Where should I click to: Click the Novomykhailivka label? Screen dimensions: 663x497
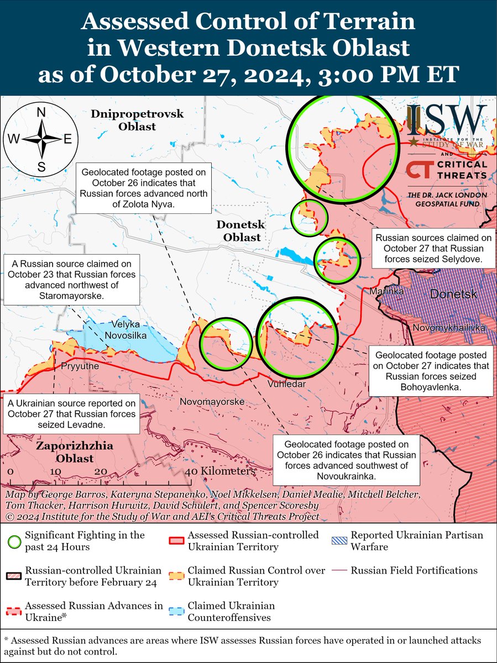click(448, 328)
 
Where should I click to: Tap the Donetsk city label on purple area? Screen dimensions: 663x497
click(453, 294)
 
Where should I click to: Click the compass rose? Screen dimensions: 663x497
click(41, 140)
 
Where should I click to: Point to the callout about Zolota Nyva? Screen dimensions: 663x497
click(143, 188)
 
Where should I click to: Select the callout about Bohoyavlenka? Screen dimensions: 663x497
click(431, 372)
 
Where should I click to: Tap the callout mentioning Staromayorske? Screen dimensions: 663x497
click(71, 279)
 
